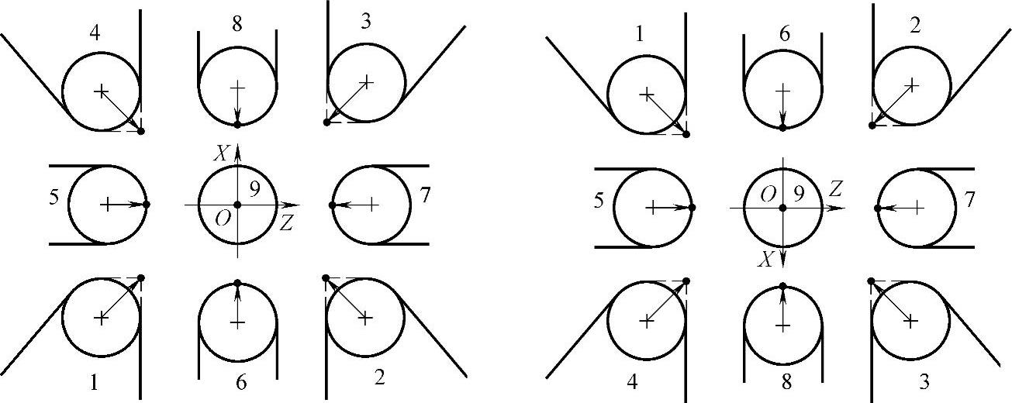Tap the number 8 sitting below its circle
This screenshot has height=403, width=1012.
click(782, 381)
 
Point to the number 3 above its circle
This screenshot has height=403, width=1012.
click(364, 22)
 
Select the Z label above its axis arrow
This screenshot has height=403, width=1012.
click(834, 188)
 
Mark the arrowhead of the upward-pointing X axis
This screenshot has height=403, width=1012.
click(238, 149)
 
